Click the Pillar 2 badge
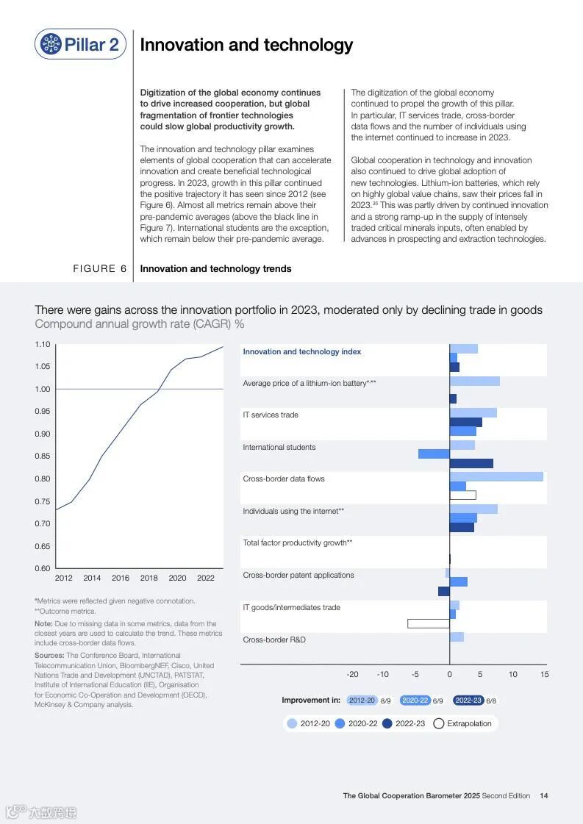(80, 44)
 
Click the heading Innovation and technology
(246, 45)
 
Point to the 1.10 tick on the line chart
(43, 345)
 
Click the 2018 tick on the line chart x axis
(149, 578)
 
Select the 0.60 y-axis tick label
(43, 568)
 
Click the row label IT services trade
(271, 415)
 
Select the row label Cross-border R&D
(274, 640)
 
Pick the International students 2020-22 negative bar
(434, 454)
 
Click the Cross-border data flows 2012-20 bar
(496, 476)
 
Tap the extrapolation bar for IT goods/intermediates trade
(429, 623)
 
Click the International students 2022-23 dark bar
(471, 463)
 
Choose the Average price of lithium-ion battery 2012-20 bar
(475, 381)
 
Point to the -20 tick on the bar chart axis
(353, 674)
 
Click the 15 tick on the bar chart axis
(544, 674)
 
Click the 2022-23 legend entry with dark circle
(404, 723)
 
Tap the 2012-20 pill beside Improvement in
(362, 701)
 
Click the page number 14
(543, 795)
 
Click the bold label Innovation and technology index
(302, 351)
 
